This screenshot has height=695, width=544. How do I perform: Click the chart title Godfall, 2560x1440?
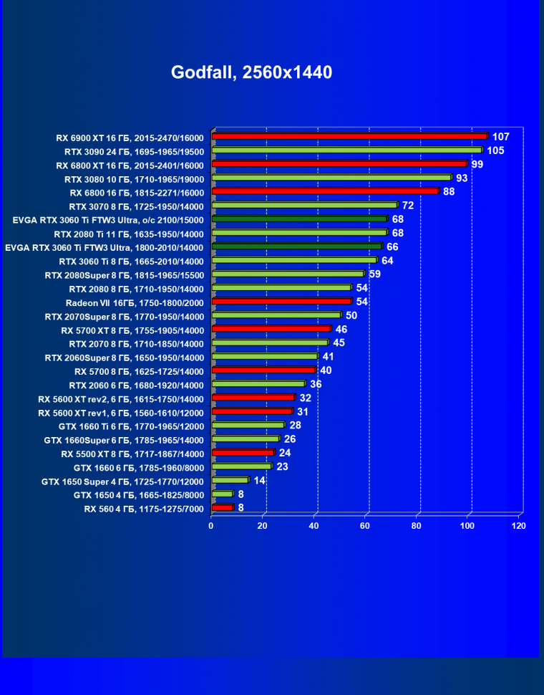(x=251, y=72)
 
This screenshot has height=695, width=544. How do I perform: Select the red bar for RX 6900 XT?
(x=349, y=136)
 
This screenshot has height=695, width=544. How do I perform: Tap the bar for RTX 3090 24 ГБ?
(x=346, y=150)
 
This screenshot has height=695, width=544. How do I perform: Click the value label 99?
(x=477, y=164)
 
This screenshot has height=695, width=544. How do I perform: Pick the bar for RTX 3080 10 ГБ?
(x=331, y=178)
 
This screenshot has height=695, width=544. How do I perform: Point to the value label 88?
(x=450, y=191)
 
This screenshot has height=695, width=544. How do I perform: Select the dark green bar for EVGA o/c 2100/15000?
(x=299, y=219)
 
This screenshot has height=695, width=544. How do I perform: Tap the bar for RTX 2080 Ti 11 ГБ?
(x=299, y=233)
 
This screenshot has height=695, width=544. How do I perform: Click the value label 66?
(x=392, y=246)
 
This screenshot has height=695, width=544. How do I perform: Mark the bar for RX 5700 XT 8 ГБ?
(x=271, y=329)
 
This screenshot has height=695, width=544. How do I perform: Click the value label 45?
(x=339, y=342)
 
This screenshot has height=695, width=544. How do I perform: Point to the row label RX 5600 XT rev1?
(x=121, y=413)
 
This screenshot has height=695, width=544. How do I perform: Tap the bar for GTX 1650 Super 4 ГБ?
(x=230, y=480)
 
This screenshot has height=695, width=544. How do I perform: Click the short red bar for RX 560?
(x=223, y=507)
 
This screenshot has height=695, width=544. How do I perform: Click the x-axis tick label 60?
(x=365, y=526)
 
